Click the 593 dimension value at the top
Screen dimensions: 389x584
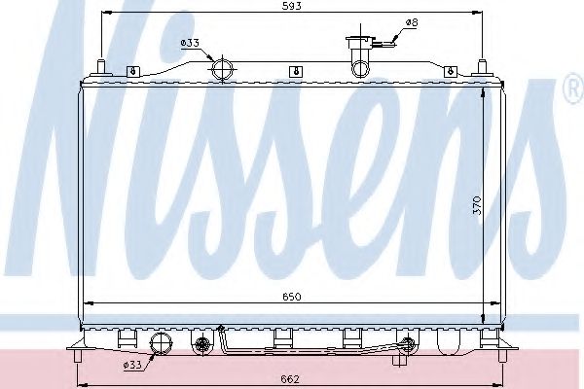pyautogui.click(x=291, y=6)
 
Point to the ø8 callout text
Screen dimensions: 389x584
pyautogui.click(x=411, y=21)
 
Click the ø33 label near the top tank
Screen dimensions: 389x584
pyautogui.click(x=190, y=43)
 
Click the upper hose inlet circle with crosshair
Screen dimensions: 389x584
pyautogui.click(x=223, y=69)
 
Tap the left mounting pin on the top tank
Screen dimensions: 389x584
pyautogui.click(x=100, y=68)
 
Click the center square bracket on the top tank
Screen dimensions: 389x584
pyautogui.click(x=294, y=70)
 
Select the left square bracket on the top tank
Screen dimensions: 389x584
pyautogui.click(x=131, y=70)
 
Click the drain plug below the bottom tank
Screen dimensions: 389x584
pyautogui.click(x=399, y=360)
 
